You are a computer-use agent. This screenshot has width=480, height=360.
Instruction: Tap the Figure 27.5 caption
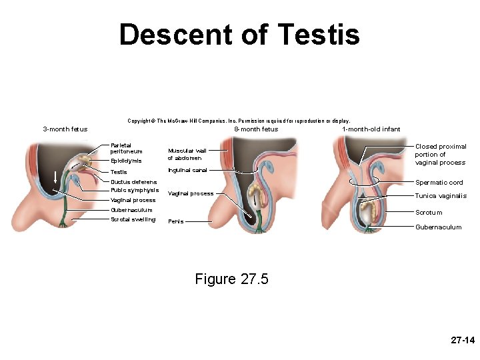point(231,279)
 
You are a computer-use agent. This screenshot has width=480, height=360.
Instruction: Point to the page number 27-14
point(462,340)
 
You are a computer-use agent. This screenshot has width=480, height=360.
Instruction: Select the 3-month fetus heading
point(61,129)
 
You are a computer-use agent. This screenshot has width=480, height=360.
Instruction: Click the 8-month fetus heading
point(256,129)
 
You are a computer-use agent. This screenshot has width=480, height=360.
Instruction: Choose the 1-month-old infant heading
point(371,129)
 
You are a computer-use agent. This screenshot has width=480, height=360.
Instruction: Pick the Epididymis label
point(126,161)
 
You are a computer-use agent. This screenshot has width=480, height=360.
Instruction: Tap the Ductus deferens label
point(134,182)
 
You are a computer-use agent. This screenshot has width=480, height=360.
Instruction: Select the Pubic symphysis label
point(135,190)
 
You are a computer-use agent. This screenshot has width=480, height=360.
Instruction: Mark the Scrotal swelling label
point(133,219)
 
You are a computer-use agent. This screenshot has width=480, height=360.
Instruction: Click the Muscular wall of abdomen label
point(188,154)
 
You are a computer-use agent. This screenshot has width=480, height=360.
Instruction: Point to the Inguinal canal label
point(188,170)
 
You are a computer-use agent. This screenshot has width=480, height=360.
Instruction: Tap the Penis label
point(176,221)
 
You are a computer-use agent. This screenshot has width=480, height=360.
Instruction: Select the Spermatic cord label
point(439,183)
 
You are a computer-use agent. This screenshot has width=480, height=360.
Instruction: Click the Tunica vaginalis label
point(441,196)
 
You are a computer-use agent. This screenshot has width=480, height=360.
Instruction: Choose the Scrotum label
point(429,213)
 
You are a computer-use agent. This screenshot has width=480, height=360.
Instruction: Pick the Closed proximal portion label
point(440,154)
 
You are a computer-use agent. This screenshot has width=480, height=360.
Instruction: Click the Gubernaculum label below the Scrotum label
point(438,227)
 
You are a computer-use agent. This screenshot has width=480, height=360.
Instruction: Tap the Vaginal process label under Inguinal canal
point(191,194)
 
